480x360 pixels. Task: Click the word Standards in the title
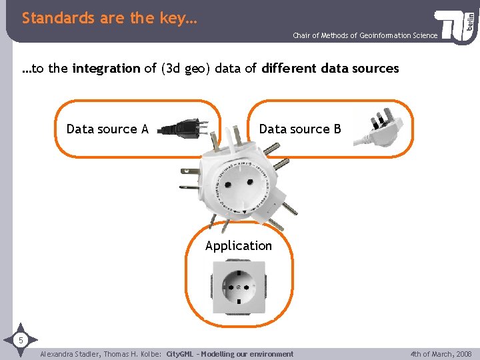pos(59,19)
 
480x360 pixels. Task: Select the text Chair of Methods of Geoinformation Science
pos(365,35)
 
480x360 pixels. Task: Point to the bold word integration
pos(106,69)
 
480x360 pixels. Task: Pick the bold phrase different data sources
pos(331,69)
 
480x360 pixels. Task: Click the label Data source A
pos(107,129)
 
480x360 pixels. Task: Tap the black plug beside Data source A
pos(182,127)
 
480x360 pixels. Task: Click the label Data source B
pos(300,129)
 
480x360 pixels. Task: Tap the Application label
pos(239,246)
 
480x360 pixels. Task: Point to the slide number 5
pos(21,341)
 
